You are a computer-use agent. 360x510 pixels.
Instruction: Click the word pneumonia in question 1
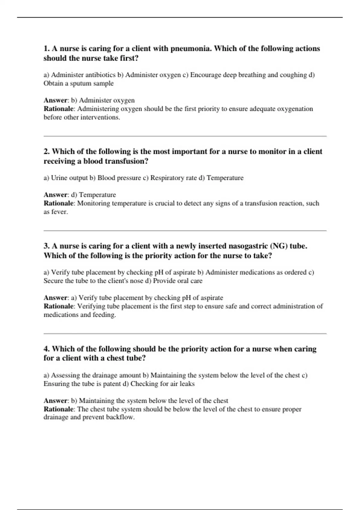click(190, 49)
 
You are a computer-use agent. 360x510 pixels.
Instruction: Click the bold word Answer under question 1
click(55, 100)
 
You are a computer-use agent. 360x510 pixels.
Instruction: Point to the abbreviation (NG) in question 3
click(279, 246)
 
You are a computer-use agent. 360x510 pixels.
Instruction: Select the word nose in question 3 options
click(136, 281)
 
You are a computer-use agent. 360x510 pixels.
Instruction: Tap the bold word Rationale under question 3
click(59, 306)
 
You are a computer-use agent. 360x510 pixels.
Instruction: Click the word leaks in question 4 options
click(187, 384)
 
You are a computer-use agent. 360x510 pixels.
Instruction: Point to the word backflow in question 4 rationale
click(120, 417)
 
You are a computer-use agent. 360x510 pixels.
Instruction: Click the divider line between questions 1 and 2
click(185, 136)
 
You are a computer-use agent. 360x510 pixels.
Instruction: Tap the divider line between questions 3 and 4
click(185, 333)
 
